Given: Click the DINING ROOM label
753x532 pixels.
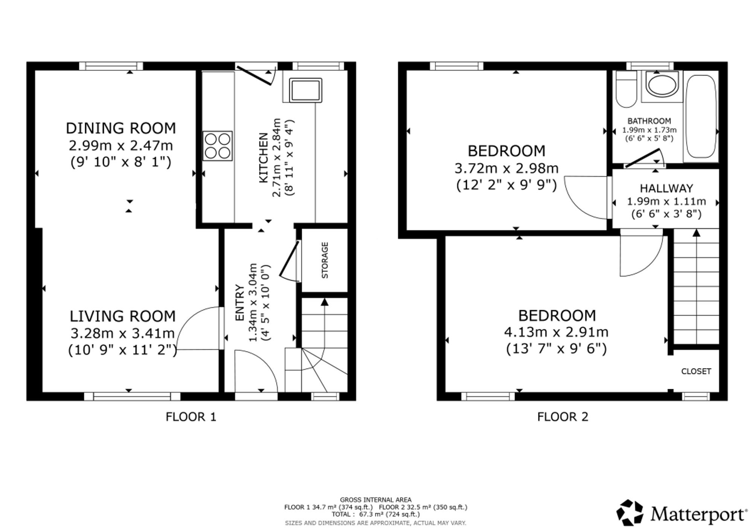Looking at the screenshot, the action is [121, 128].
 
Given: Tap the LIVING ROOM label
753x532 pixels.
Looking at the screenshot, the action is [123, 316].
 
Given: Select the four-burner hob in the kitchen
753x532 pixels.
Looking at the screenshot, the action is [218, 146].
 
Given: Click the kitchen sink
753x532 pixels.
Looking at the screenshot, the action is [305, 90].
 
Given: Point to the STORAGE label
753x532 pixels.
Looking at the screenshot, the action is [325, 260].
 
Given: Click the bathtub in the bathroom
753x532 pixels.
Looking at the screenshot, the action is [701, 116].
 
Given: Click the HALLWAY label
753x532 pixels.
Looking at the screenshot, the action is [666, 188].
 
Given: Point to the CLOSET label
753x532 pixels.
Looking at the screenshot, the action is [696, 371].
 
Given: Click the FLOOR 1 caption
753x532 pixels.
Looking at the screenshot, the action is [191, 417].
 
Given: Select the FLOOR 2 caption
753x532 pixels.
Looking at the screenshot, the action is [562, 417].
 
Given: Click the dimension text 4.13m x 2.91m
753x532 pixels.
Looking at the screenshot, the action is [556, 332].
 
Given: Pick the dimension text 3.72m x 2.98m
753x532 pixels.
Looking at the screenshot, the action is [506, 168].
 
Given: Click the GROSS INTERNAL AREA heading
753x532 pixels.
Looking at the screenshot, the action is [376, 500].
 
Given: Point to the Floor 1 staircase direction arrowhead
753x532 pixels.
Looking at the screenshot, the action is [325, 302].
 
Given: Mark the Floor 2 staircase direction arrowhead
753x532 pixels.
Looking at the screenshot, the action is [697, 233].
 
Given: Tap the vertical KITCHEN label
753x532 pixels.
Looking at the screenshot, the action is [264, 157].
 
